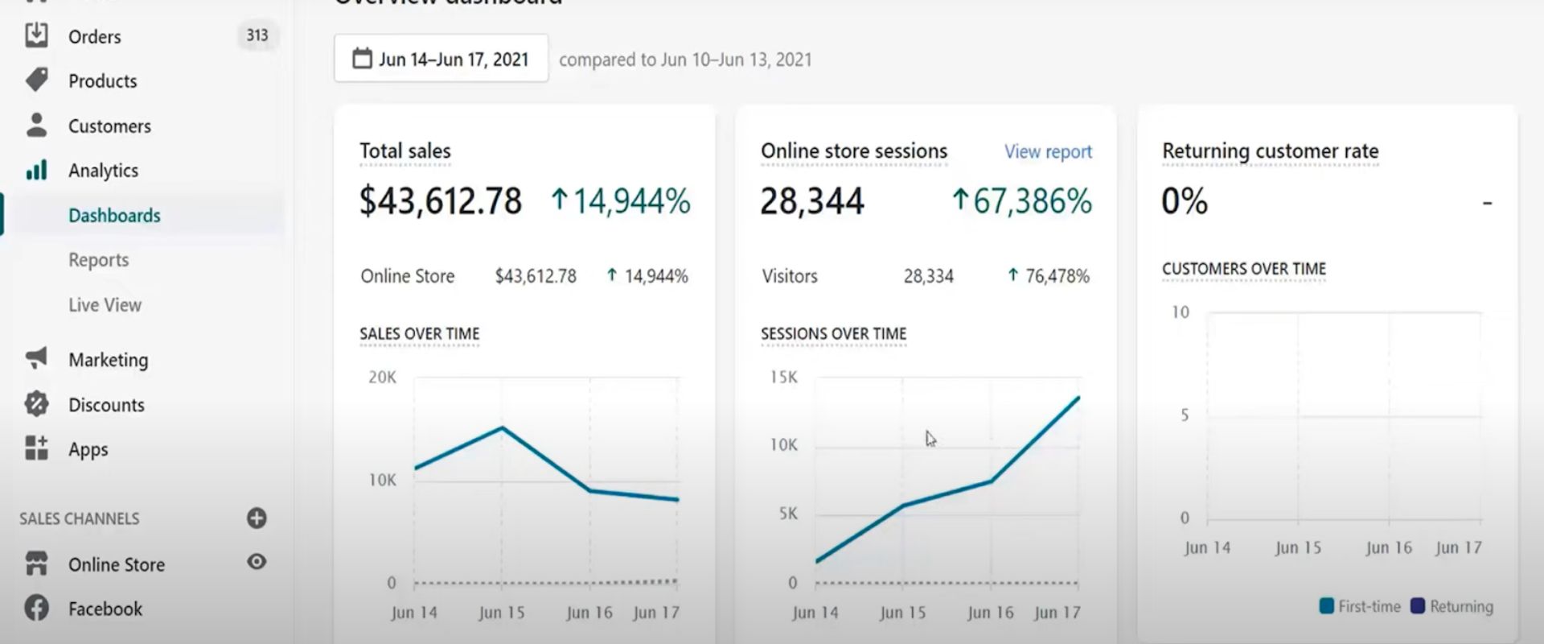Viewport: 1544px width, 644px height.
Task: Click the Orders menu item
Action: (x=94, y=36)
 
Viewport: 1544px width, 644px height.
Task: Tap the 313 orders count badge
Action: (x=257, y=35)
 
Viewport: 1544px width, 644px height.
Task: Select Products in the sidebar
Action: (x=102, y=81)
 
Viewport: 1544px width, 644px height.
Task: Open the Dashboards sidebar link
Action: (x=114, y=216)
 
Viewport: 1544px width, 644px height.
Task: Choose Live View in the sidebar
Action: (x=105, y=305)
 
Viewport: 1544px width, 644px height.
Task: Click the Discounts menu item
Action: (x=106, y=405)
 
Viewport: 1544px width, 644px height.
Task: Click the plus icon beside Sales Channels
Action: (x=257, y=518)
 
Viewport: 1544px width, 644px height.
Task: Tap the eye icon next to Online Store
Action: (x=257, y=562)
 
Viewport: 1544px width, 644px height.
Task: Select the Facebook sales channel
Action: (x=105, y=609)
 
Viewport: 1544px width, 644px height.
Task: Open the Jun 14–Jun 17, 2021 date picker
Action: (x=441, y=59)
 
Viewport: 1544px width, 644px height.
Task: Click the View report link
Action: (x=1048, y=152)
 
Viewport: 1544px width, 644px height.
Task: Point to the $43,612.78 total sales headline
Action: (x=441, y=200)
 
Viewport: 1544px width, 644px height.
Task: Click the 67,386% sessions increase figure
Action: (x=1022, y=200)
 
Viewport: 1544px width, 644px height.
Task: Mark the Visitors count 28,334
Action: (x=928, y=276)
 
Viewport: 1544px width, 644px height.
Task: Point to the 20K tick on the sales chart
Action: (x=382, y=378)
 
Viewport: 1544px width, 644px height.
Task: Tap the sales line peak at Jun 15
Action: (x=502, y=427)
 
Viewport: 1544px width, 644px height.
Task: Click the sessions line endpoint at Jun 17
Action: (x=1078, y=398)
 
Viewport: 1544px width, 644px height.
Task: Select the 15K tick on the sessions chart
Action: (x=783, y=378)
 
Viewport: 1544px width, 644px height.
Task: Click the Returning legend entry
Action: (x=1452, y=606)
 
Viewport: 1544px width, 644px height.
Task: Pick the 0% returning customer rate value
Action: (x=1185, y=200)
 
